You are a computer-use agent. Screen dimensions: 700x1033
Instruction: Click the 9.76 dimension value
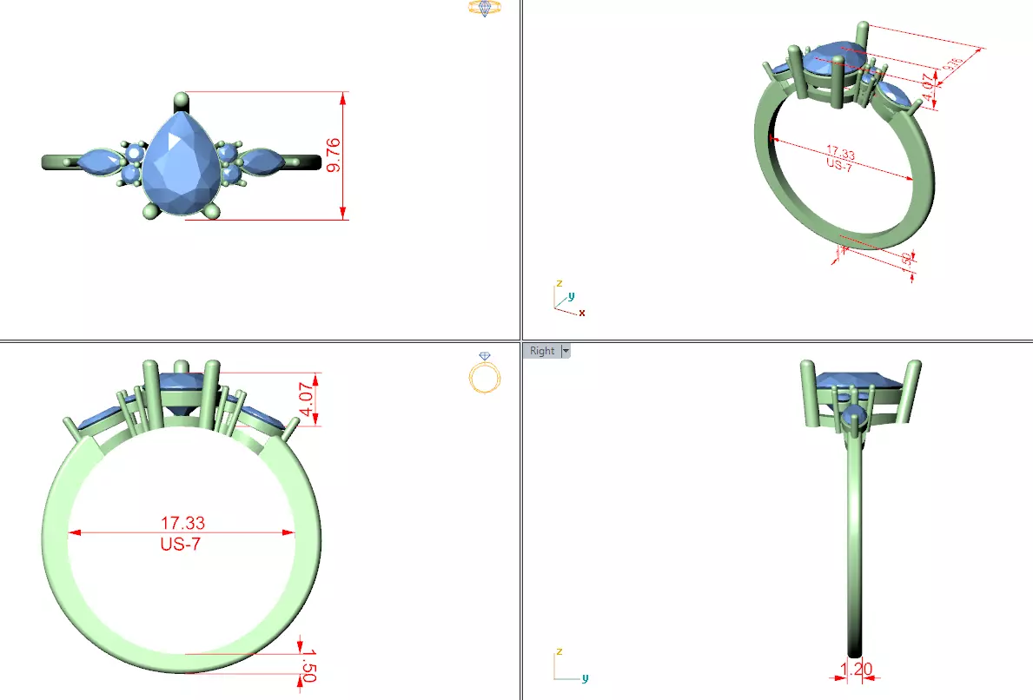click(x=334, y=155)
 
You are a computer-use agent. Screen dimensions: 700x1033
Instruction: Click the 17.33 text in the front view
click(x=182, y=523)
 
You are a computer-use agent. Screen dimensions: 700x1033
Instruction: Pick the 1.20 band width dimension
click(x=857, y=670)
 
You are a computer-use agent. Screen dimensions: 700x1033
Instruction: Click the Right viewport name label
click(x=541, y=351)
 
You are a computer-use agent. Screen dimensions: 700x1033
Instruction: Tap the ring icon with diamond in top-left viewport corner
click(x=485, y=10)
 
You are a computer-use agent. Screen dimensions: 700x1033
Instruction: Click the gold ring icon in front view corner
click(x=484, y=373)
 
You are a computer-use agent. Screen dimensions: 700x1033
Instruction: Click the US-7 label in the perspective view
click(x=837, y=165)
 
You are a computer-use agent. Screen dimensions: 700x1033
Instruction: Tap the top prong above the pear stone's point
click(x=182, y=99)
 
